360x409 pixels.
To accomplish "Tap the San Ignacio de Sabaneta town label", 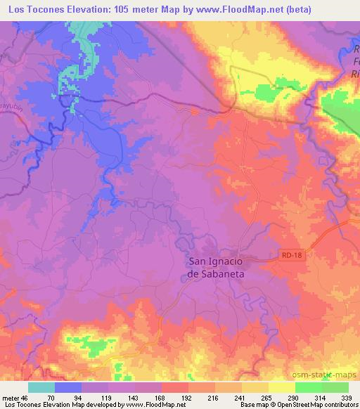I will click(217, 268).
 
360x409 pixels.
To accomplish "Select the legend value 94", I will click(68, 397).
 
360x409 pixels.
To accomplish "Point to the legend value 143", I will click(122, 397).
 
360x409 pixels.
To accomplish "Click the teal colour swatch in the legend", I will click(41, 387).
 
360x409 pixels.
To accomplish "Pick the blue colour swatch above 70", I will click(68, 387).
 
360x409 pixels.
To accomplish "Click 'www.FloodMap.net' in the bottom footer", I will click(146, 405).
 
